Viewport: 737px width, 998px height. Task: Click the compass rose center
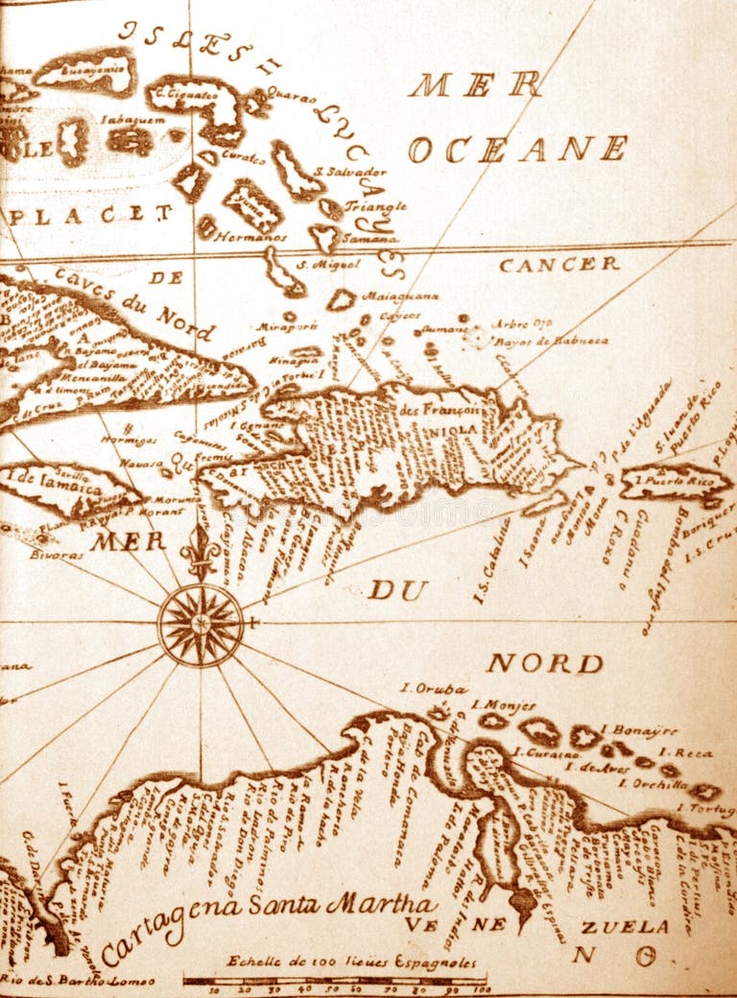(x=201, y=625)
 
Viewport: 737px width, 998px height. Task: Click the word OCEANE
(x=517, y=149)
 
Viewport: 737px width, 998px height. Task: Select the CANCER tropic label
(x=559, y=264)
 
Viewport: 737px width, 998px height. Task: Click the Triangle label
(x=375, y=205)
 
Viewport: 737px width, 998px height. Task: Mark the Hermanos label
(x=250, y=236)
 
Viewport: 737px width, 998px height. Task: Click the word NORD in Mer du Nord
(x=544, y=663)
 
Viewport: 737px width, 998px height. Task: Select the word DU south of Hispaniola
(x=397, y=590)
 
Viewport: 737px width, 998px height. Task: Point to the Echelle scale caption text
(x=351, y=961)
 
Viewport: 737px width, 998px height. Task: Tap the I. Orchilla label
(x=653, y=784)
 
